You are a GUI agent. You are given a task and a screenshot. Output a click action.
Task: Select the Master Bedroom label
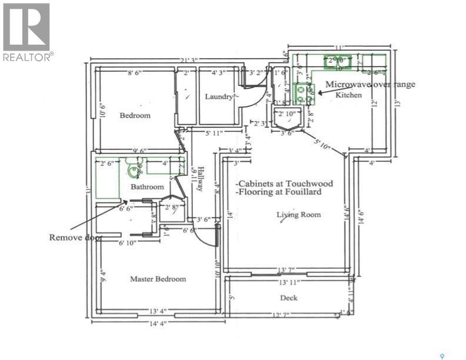pyautogui.click(x=158, y=279)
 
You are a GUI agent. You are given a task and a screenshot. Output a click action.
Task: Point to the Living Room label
pyautogui.click(x=298, y=215)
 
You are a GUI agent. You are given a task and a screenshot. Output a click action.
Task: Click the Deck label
pyautogui.click(x=288, y=298)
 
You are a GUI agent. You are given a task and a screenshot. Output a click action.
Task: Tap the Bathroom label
pyautogui.click(x=147, y=187)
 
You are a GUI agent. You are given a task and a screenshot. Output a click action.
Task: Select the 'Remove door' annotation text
pyautogui.click(x=75, y=238)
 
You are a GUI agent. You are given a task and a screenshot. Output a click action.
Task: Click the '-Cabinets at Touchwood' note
pyautogui.click(x=284, y=184)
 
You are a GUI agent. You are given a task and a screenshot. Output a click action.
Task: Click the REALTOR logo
pyautogui.click(x=26, y=32)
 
